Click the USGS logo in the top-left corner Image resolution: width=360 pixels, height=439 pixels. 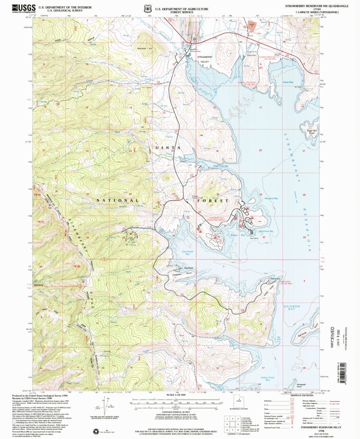coord(24,8)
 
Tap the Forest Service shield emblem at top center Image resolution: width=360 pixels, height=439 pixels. coord(148,8)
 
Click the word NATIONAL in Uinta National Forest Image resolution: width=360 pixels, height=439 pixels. coord(118,200)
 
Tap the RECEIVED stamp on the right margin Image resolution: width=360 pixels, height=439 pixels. coord(332,337)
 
